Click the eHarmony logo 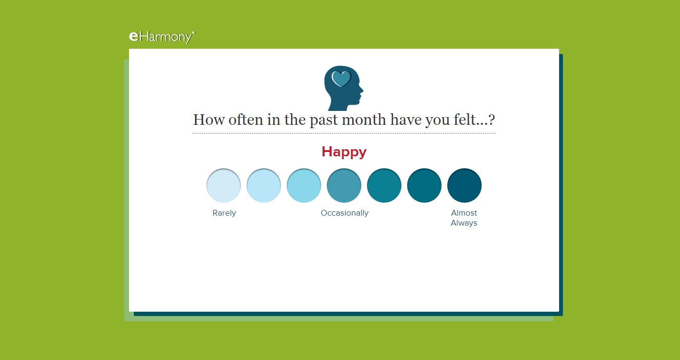162,37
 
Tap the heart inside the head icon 341,78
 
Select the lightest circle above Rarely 224,185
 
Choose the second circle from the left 264,185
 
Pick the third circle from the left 304,185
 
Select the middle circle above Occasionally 344,185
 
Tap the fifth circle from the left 384,185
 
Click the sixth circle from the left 424,185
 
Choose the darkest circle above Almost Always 464,185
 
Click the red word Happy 344,152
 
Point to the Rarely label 224,213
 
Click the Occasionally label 345,213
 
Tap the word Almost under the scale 464,213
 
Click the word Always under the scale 464,223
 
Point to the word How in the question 209,120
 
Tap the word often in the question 246,119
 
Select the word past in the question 324,120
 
